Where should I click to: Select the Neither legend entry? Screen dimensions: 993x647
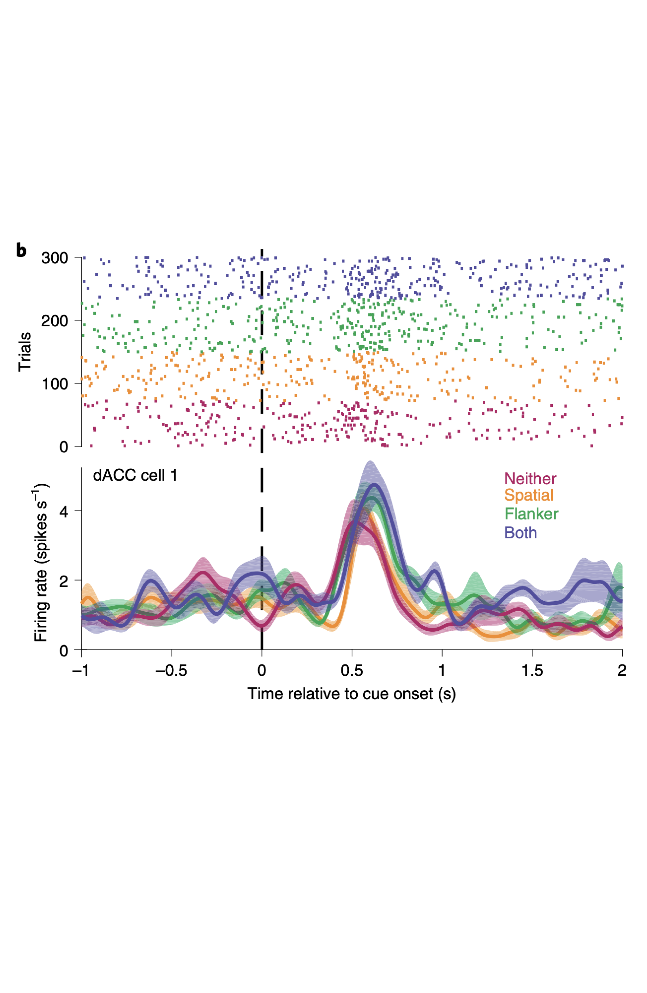530,479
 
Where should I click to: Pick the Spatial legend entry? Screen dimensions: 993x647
528,495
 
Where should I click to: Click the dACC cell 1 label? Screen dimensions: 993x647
135,476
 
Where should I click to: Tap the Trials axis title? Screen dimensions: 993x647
25,352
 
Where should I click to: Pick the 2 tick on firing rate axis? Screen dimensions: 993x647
64,581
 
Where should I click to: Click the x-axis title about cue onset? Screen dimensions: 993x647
351,694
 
